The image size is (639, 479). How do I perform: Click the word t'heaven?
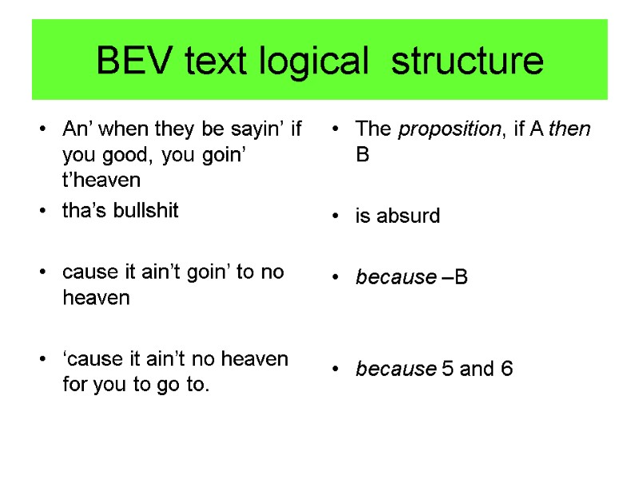(x=101, y=180)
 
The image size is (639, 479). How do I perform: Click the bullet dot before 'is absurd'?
(x=339, y=216)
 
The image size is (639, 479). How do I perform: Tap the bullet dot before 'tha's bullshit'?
(x=46, y=212)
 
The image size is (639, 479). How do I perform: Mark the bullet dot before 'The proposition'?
(x=339, y=129)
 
